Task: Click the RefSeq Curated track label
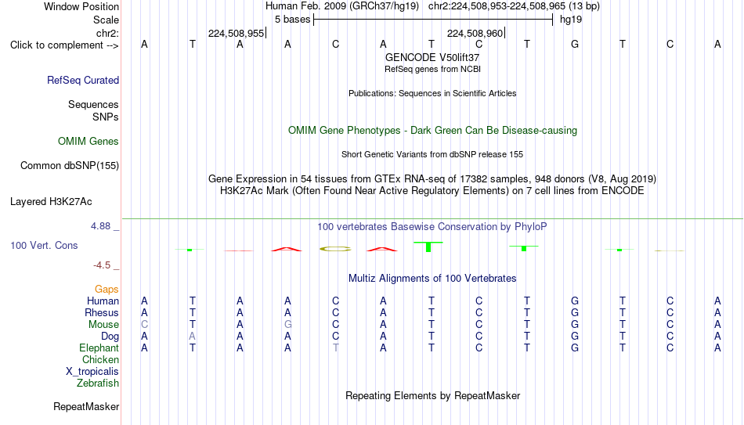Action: (83, 80)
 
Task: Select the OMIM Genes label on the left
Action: (88, 142)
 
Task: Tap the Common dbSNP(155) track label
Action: (70, 166)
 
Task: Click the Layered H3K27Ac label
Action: (51, 202)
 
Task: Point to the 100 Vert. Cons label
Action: (44, 245)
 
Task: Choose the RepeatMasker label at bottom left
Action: (86, 406)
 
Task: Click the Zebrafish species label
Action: (98, 383)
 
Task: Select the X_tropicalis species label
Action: (92, 372)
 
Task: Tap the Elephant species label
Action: (99, 348)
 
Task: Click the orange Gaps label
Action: (107, 290)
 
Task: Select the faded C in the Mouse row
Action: (144, 325)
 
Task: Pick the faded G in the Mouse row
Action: (287, 325)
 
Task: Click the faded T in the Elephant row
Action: (335, 348)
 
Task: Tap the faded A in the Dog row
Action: (192, 337)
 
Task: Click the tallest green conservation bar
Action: (428, 247)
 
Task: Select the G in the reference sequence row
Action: (575, 44)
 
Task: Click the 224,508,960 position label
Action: (475, 33)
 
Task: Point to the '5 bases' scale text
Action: (292, 20)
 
